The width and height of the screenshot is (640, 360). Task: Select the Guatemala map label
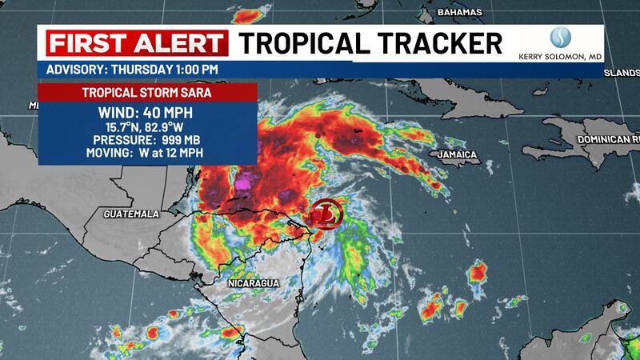coord(131,214)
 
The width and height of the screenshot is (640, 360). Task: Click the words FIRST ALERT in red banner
coord(136,42)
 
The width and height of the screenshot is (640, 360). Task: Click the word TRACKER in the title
coord(437,42)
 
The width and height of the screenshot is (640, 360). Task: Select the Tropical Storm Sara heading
coord(148,92)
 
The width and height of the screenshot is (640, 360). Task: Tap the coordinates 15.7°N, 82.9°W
coord(148,126)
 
